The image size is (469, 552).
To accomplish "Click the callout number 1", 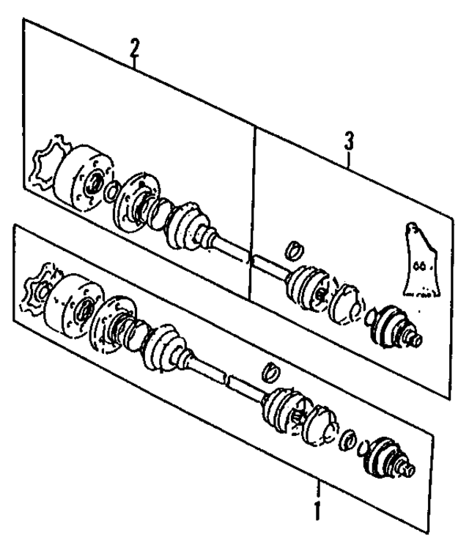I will click(x=317, y=511).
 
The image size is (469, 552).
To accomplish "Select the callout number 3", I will click(x=349, y=139).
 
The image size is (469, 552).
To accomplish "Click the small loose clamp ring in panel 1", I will click(x=270, y=370).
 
